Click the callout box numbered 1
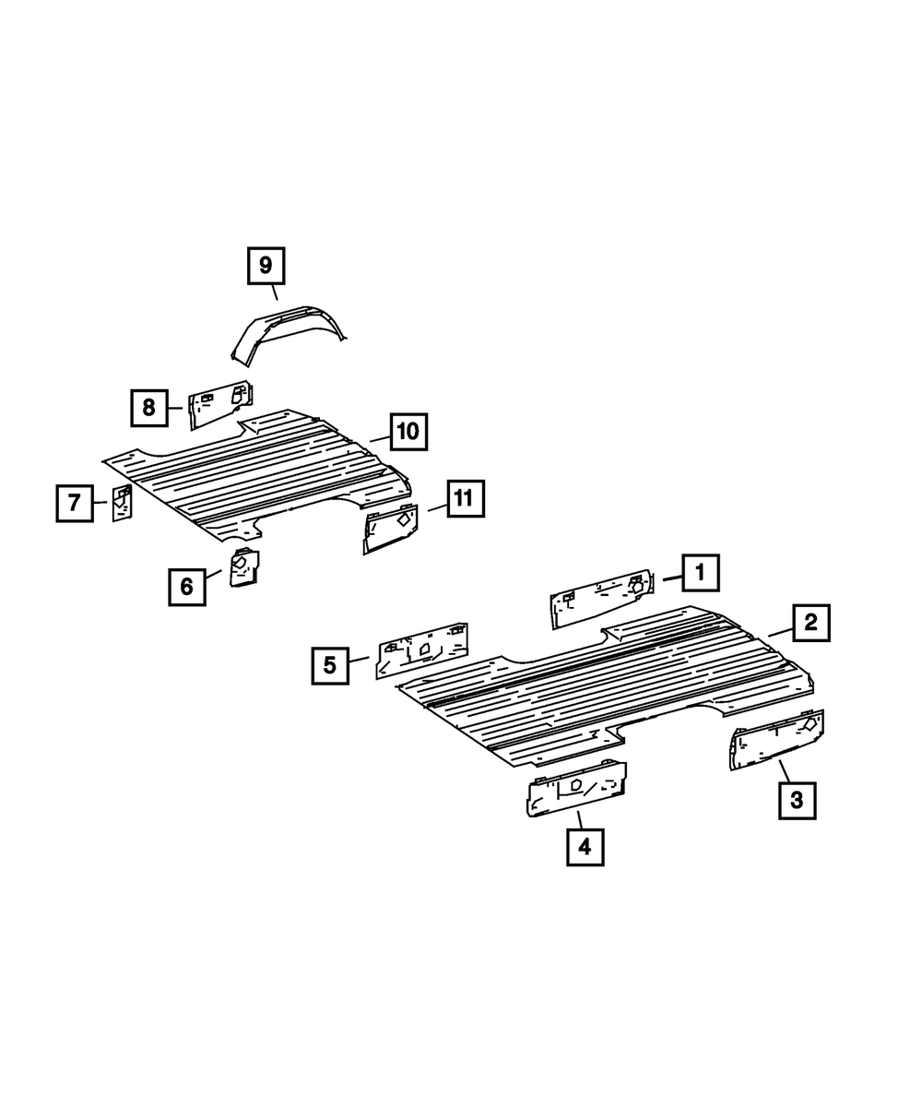click(x=700, y=573)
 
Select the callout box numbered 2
click(x=810, y=623)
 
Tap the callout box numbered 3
click(x=797, y=800)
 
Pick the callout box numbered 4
click(x=585, y=846)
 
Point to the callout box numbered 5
click(x=330, y=663)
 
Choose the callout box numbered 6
click(x=187, y=586)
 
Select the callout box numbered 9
click(x=266, y=267)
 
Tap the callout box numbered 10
click(x=408, y=431)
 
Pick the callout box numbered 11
click(x=464, y=499)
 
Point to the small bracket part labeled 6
click(x=245, y=566)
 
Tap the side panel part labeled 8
click(x=219, y=404)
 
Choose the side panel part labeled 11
click(x=393, y=529)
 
